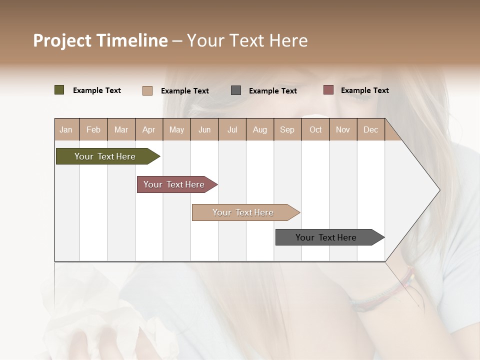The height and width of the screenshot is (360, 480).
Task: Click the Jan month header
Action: (x=66, y=129)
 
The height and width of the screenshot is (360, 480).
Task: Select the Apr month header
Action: (x=149, y=129)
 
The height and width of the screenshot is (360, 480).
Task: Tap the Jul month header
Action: (x=232, y=129)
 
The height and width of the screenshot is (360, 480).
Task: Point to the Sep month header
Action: (x=287, y=129)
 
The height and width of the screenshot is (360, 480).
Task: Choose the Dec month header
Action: (x=370, y=129)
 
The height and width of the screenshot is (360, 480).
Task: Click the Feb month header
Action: (x=93, y=129)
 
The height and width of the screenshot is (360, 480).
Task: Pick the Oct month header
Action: (x=315, y=129)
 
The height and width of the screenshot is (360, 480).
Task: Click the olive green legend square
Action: (x=59, y=90)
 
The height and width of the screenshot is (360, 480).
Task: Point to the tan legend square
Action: (x=147, y=90)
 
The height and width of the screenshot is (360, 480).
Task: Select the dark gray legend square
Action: (x=236, y=90)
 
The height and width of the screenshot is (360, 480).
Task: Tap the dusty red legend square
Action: (x=328, y=90)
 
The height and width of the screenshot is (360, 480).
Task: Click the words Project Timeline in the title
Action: (x=100, y=40)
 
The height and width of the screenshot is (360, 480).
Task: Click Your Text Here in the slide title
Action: (x=247, y=40)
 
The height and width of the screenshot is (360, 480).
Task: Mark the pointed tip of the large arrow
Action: (x=439, y=190)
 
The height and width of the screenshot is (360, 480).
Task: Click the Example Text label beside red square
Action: (x=364, y=90)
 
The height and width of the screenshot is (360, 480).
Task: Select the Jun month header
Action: (x=204, y=129)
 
